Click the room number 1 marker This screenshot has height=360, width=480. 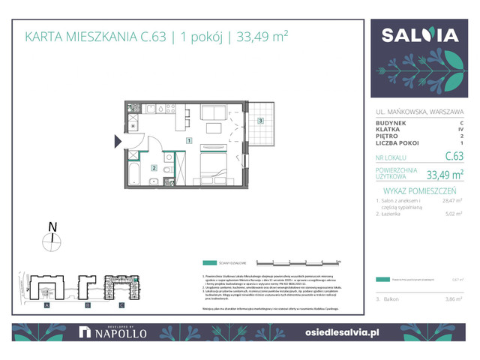click(190, 141)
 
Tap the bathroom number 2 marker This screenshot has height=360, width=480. click(154, 169)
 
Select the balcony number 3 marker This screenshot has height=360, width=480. click(260, 120)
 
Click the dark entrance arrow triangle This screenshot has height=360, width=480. click(118, 140)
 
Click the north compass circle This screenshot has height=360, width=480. click(52, 241)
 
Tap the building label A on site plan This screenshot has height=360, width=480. click(46, 306)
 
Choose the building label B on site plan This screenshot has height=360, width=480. click(87, 306)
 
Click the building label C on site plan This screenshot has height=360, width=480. click(122, 306)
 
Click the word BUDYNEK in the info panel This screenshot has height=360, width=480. click(391, 122)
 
